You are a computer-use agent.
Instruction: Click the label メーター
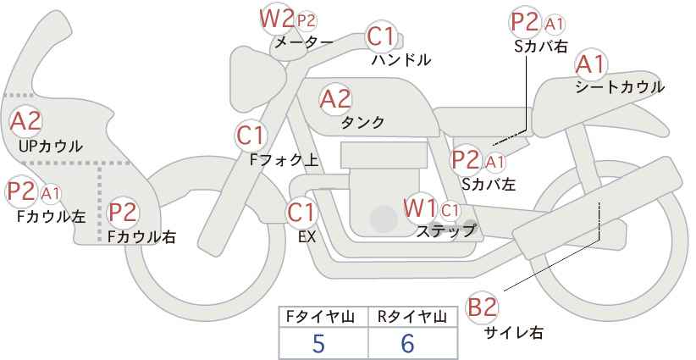303,42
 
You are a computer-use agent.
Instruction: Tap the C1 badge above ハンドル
382,36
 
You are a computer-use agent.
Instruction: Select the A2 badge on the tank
336,99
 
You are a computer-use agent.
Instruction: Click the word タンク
362,123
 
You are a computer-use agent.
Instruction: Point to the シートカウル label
620,86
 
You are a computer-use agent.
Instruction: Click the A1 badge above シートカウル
591,64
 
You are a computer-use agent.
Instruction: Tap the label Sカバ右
541,47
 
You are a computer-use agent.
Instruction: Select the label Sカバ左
489,183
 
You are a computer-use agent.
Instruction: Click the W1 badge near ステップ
420,208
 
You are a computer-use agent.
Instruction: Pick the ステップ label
446,230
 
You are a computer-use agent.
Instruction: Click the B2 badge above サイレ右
484,307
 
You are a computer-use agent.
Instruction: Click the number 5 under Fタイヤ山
318,344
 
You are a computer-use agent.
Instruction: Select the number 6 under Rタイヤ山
408,344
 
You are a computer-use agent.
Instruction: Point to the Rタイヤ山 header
411,317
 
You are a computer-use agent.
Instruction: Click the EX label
307,237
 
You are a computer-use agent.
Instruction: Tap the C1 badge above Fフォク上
252,135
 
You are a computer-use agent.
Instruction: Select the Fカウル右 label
141,237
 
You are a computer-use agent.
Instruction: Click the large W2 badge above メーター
277,17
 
